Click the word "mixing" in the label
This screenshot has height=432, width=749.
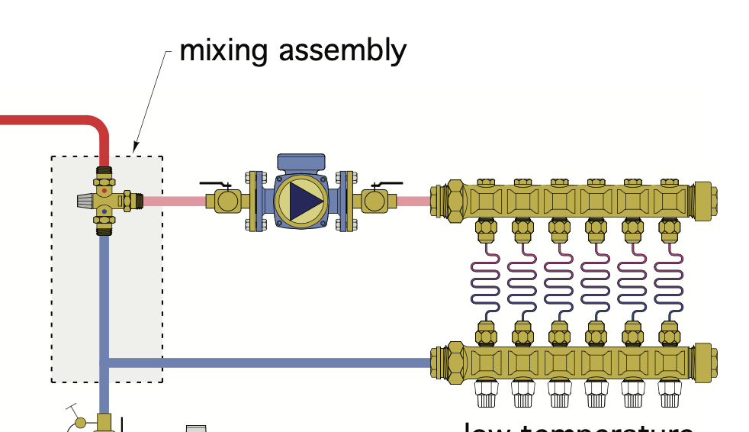224,50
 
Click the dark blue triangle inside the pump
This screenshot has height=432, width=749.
304,201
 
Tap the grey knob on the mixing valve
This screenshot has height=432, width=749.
85,201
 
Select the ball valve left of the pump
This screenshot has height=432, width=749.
227,201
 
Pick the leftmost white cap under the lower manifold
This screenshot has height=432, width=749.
487,393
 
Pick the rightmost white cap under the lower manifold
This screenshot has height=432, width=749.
670,393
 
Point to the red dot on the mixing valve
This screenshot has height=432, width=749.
104,191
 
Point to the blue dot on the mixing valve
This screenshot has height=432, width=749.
104,211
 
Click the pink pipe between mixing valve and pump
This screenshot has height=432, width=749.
174,201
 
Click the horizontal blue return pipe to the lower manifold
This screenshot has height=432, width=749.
267,363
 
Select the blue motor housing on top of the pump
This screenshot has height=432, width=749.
302,163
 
